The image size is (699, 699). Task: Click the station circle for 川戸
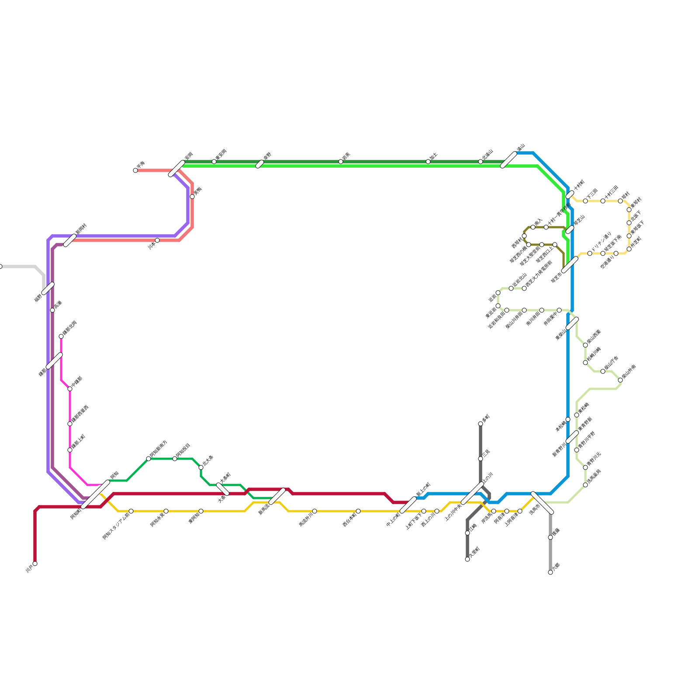click(x=35, y=564)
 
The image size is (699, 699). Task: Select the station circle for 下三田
click(x=585, y=201)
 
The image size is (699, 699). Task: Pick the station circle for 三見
click(x=481, y=459)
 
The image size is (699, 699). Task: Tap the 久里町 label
click(x=474, y=552)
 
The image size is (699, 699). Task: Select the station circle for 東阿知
click(x=201, y=511)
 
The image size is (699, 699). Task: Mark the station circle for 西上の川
click(x=437, y=511)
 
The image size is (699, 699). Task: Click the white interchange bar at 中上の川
click(x=408, y=505)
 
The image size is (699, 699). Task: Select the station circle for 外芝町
click(x=629, y=249)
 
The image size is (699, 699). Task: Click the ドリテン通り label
click(x=600, y=242)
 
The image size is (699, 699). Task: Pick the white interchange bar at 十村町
click(x=570, y=195)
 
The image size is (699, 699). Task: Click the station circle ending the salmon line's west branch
click(x=135, y=170)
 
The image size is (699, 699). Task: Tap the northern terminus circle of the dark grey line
click(x=481, y=424)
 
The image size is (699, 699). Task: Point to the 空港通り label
click(x=608, y=262)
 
